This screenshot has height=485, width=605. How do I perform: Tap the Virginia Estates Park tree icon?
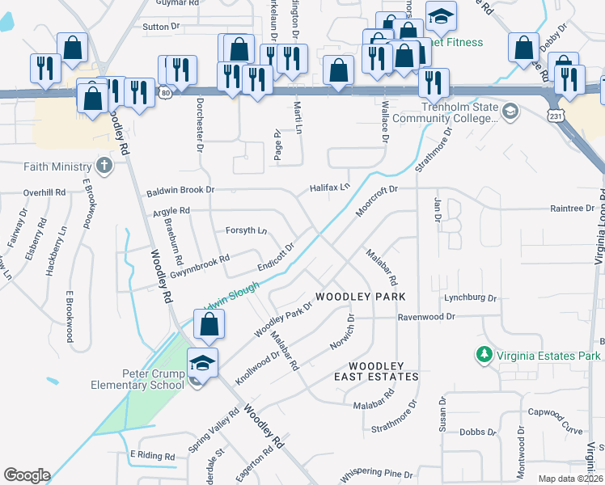point(484,355)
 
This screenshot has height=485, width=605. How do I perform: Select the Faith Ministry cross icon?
point(103,167)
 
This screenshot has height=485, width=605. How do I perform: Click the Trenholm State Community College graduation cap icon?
point(510,111)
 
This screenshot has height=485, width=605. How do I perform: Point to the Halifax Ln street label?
point(329,188)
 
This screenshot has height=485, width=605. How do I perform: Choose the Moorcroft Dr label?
point(377,200)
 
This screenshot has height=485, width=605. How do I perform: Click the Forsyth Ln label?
point(246,230)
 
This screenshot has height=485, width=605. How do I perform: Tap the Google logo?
point(27,475)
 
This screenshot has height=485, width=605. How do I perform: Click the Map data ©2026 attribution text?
point(570,479)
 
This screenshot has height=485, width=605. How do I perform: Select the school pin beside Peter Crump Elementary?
point(202,363)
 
